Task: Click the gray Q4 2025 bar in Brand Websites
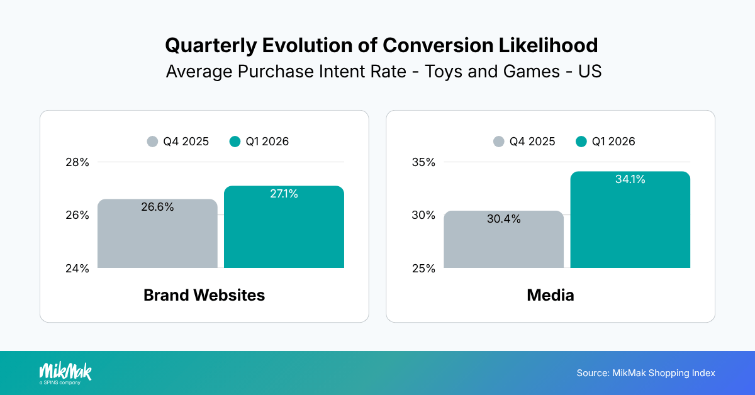[157, 239]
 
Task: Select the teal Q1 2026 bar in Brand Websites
[284, 233]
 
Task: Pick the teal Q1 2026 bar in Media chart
[630, 226]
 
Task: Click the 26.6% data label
[157, 207]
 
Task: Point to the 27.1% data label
[284, 194]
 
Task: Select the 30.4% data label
[503, 219]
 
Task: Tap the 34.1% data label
[630, 180]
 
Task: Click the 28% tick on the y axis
[77, 162]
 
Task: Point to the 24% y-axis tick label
[77, 269]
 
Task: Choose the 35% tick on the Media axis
[423, 162]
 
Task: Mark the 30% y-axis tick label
[423, 215]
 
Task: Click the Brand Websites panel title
[204, 295]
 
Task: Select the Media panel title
[551, 295]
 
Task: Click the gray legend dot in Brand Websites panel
[152, 142]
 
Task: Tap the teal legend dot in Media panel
[581, 142]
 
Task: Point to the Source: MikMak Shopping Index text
[646, 373]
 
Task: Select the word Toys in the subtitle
[445, 71]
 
